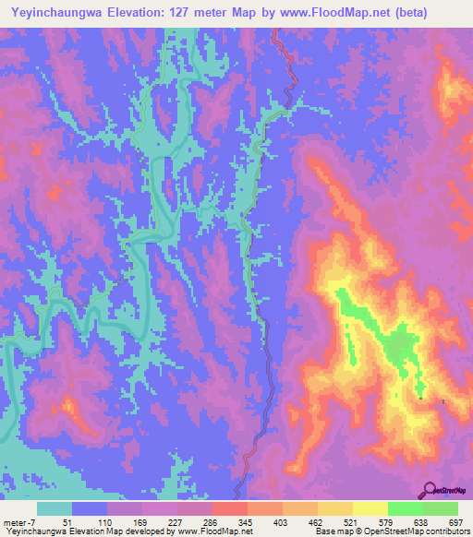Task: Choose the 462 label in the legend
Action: click(x=303, y=521)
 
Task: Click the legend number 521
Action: click(x=338, y=521)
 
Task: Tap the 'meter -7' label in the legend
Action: click(x=18, y=521)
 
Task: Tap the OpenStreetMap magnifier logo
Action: click(x=428, y=489)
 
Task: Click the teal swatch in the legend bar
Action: click(x=55, y=508)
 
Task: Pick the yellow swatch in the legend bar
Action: click(x=336, y=508)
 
